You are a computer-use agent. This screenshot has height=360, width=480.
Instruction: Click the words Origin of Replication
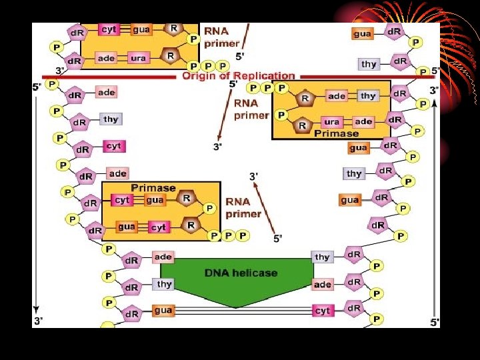click(x=238, y=76)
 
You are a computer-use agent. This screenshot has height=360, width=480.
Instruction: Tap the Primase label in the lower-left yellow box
click(x=153, y=188)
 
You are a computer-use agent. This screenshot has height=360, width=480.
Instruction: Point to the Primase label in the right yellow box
click(x=336, y=133)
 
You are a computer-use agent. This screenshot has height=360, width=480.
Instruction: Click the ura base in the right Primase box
click(x=331, y=122)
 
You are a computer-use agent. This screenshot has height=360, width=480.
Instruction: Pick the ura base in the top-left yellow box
click(x=138, y=58)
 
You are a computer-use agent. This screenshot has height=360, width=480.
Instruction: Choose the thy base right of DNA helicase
click(x=322, y=257)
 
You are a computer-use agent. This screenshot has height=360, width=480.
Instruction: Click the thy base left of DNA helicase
click(x=164, y=284)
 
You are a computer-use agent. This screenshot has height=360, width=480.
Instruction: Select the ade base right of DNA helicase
click(x=322, y=285)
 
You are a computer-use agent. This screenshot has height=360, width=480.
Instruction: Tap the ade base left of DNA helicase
click(x=163, y=257)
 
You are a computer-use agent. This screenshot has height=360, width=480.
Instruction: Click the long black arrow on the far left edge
click(x=37, y=200)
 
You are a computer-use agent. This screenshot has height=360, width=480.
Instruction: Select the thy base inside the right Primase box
click(x=368, y=96)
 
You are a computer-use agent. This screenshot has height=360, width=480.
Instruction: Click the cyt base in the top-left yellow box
click(x=109, y=29)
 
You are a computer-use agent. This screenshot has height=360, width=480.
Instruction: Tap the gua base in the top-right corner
click(x=362, y=33)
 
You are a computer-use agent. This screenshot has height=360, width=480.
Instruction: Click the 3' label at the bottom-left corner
click(x=39, y=321)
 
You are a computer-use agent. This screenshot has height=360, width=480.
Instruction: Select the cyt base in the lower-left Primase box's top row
click(x=122, y=199)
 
